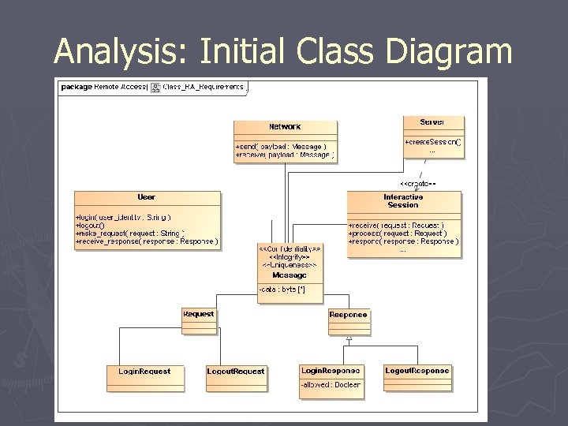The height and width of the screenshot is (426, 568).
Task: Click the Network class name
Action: coord(285,126)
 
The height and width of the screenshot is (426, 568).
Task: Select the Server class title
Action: coord(432,122)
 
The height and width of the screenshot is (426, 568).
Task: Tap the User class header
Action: coord(147,197)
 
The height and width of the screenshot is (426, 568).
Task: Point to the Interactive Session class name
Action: coord(403,200)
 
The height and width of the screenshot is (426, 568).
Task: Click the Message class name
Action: coord(289,275)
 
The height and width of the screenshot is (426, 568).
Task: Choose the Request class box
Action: coord(198,319)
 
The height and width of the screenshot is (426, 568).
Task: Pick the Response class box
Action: coord(348,319)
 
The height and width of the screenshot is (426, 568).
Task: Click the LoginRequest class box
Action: coord(144,376)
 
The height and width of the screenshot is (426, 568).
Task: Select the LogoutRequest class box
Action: coord(236,376)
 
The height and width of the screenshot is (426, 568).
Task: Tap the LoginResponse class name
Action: coord(331,370)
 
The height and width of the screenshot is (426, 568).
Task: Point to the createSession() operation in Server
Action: coord(433,142)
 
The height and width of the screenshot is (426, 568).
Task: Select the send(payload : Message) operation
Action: coord(280,147)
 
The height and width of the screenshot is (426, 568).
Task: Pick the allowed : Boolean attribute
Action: coord(331,385)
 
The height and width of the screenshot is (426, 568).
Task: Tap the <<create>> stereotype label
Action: coord(418,184)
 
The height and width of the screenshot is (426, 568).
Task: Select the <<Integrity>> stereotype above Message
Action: coord(289,257)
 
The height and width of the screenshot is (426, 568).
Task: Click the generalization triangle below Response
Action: coord(349,338)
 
